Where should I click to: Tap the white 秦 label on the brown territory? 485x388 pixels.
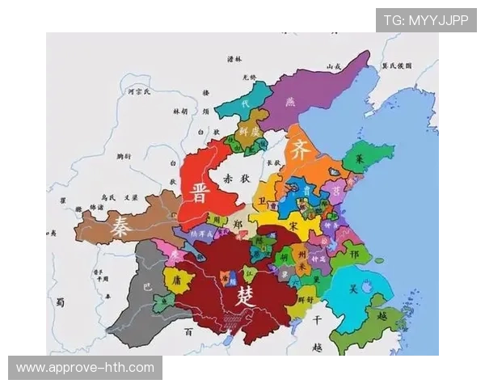tap(123, 224)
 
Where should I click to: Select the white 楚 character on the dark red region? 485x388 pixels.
tap(244, 296)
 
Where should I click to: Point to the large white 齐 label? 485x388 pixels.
tap(300, 150)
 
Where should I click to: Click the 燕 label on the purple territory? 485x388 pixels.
tap(291, 102)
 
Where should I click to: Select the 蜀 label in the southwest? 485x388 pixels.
tap(60, 302)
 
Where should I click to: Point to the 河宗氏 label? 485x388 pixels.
tap(118, 93)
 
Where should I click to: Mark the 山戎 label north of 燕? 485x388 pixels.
tap(333, 65)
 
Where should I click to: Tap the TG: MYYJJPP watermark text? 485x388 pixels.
tap(425, 20)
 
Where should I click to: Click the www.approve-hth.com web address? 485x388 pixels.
tap(85, 368)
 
